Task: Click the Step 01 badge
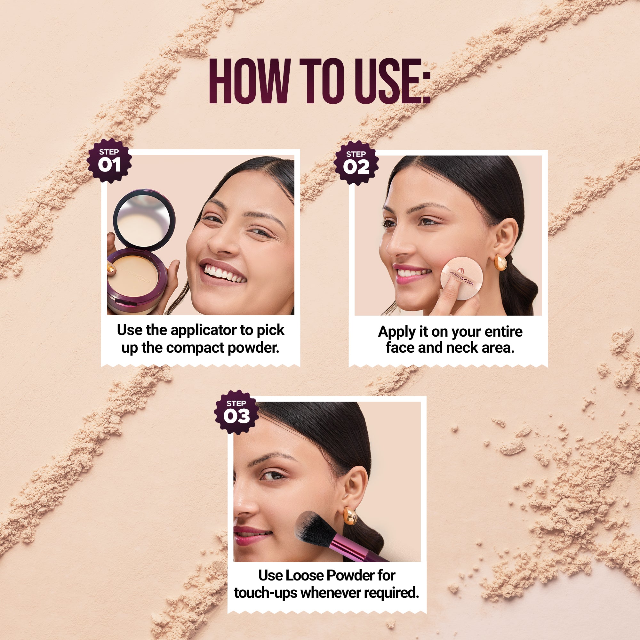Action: (109, 161)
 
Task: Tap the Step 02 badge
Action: (356, 163)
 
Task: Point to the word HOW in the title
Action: (248, 81)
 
